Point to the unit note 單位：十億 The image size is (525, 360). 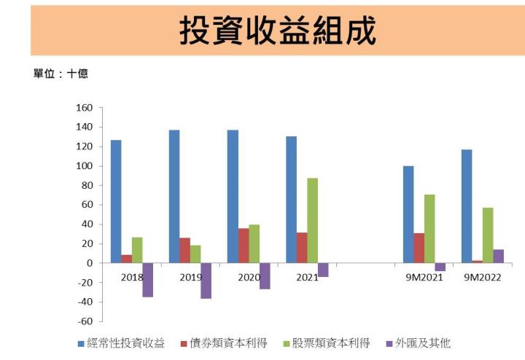tap(61, 75)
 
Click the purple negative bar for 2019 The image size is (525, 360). tap(206, 281)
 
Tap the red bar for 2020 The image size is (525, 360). tap(244, 246)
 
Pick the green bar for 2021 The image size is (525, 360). tap(313, 220)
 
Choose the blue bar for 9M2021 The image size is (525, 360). tap(408, 214)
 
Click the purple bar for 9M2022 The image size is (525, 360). tap(499, 256)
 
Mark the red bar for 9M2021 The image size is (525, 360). tap(419, 248)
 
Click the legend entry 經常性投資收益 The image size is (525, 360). tap(122, 343)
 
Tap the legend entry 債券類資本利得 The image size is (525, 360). tap(225, 343)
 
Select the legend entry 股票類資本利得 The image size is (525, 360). tap(329, 343)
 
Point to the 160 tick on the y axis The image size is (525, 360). tap(84, 108)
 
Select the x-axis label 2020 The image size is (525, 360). tap(249, 278)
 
